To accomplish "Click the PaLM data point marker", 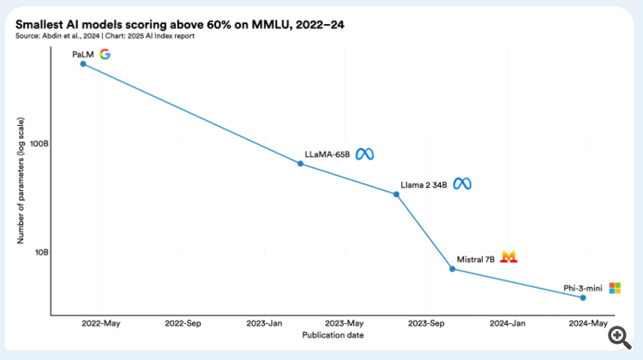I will [83, 63].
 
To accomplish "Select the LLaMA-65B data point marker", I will [300, 163].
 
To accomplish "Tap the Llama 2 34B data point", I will [396, 194].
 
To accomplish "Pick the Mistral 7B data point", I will [453, 269].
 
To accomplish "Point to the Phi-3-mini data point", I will [583, 297].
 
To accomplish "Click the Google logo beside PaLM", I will [105, 54].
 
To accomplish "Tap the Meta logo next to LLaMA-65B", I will [365, 154].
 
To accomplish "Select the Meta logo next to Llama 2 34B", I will [462, 183].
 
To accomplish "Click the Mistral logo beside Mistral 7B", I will [509, 257].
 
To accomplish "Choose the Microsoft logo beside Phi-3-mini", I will [614, 288].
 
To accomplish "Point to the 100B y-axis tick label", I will [39, 143].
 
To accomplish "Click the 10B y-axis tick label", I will [41, 252].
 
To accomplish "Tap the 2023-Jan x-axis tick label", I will [264, 324].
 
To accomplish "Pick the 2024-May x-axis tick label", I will [588, 324].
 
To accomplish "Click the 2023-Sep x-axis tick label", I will [426, 324].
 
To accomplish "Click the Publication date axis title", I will [333, 335].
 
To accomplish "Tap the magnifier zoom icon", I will [617, 337].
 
